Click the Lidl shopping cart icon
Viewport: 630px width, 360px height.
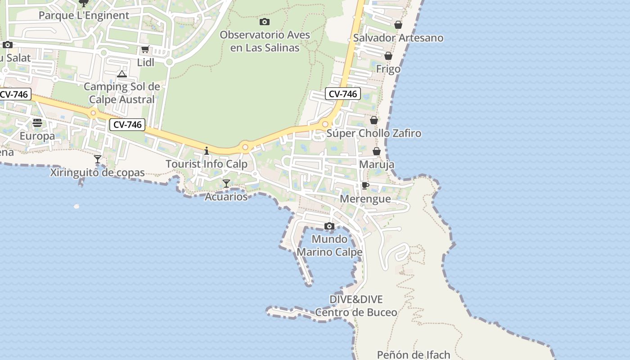tap(145, 49)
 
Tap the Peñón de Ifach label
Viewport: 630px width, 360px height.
tap(414, 355)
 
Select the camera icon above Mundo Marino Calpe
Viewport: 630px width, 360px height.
tap(329, 226)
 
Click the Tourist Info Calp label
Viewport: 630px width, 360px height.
tap(207, 164)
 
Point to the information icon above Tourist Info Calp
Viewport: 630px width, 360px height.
tap(207, 151)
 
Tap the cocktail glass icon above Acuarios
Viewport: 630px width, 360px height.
tap(226, 184)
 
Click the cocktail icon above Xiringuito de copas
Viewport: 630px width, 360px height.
tap(98, 159)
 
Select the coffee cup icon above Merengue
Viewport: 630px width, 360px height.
tap(365, 185)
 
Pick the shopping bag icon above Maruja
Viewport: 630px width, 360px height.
tap(377, 151)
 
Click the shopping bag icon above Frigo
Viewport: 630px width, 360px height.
tap(388, 56)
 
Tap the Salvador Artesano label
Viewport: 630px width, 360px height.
tap(398, 38)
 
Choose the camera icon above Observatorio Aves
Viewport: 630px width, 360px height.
tap(265, 22)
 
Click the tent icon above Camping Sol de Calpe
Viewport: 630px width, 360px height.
tap(122, 74)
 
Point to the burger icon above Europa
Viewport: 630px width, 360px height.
tap(37, 123)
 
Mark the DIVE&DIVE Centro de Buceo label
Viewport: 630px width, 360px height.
tap(356, 306)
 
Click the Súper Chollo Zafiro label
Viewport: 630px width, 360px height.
tap(374, 133)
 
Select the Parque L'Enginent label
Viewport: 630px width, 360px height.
tap(84, 15)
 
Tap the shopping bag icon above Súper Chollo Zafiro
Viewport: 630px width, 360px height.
tap(374, 120)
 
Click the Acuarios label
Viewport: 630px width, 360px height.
tap(226, 197)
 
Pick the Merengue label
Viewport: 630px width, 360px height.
tap(365, 198)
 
